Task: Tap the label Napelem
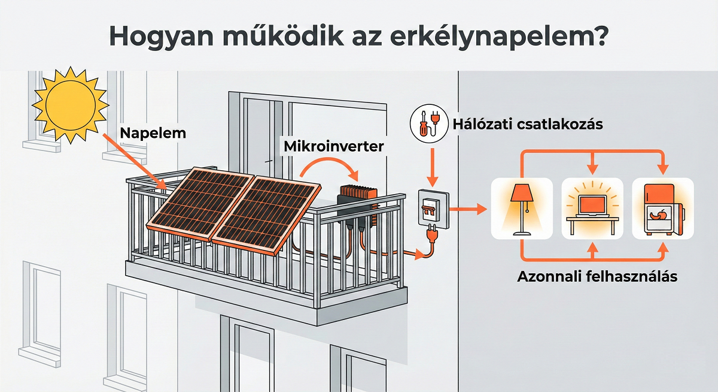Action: pyautogui.click(x=152, y=133)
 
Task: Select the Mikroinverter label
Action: pyautogui.click(x=333, y=146)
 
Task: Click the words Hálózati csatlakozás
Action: pyautogui.click(x=527, y=125)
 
